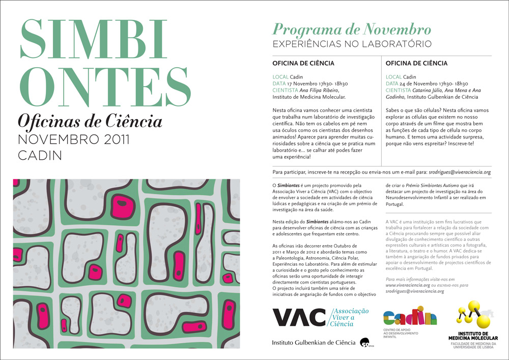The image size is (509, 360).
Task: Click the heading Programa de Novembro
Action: click(x=352, y=29)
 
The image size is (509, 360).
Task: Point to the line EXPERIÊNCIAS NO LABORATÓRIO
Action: click(x=352, y=44)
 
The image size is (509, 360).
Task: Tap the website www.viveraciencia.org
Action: click(x=408, y=286)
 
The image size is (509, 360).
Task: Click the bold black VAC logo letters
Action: click(x=299, y=317)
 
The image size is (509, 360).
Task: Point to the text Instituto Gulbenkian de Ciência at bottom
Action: click(x=314, y=343)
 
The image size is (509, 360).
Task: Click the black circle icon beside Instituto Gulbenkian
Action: click(x=364, y=343)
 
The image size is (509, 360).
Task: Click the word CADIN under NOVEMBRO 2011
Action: click(x=40, y=155)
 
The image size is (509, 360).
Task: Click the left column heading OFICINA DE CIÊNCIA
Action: click(x=303, y=64)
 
